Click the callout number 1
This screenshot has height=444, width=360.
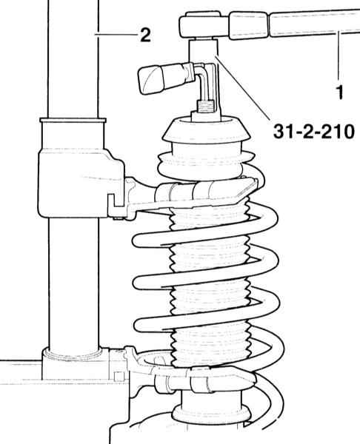pos(339,92)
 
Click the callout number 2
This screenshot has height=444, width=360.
pos(146,35)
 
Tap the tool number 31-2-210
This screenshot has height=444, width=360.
pos(314,132)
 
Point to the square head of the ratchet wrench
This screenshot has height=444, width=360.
pos(204,25)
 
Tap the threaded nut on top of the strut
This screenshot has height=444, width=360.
pos(206,107)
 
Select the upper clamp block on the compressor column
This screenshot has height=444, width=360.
pos(81,184)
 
